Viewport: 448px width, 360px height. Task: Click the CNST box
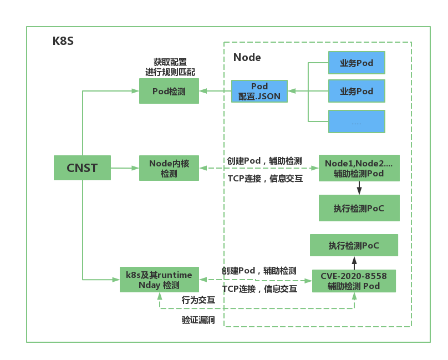tap(82, 168)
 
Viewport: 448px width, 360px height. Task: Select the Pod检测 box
tap(169, 91)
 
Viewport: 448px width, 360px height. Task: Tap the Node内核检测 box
tap(169, 168)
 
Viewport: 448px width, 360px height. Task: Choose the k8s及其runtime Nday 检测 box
tap(159, 280)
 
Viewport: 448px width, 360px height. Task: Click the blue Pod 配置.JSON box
tap(259, 91)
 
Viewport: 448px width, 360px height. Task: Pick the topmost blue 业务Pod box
tap(356, 63)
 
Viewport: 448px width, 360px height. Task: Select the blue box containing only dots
tap(356, 121)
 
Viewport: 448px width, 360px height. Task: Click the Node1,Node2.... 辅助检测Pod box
tap(359, 168)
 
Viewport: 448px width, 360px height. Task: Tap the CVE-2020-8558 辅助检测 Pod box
tap(354, 281)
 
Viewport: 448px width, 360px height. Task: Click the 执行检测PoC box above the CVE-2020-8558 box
tap(354, 245)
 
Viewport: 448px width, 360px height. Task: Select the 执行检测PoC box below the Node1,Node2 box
tap(359, 209)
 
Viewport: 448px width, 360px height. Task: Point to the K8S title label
tap(63, 41)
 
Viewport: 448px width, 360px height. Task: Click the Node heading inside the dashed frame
tap(247, 58)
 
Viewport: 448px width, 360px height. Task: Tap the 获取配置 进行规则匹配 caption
tap(170, 67)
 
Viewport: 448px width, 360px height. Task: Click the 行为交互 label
tap(198, 300)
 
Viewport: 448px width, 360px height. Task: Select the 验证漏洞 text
tap(198, 320)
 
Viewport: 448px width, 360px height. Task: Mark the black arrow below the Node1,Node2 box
tap(359, 188)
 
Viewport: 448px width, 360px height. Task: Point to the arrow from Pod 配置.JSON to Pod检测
tap(215, 91)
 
